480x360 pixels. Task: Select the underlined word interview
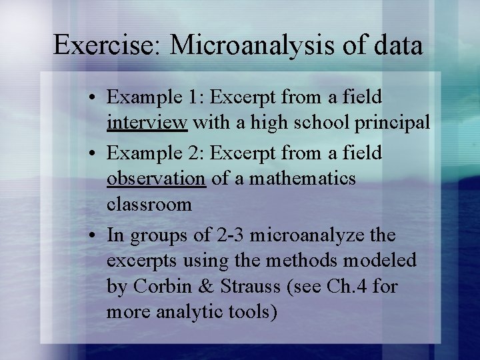pos(147,123)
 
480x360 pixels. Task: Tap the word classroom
pos(149,204)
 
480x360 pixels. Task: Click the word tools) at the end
pos(251,311)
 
